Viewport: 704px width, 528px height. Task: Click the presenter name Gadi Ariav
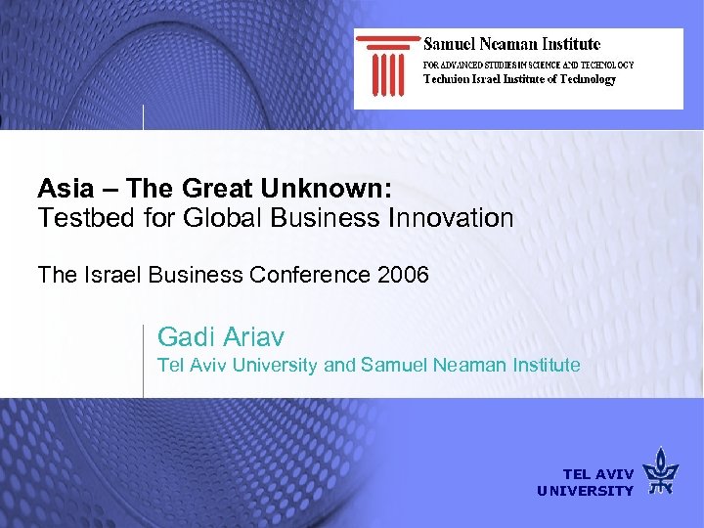221,337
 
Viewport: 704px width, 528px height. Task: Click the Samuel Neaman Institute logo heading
511,44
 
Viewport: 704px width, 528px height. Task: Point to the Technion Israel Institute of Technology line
519,79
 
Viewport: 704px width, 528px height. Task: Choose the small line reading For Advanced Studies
528,65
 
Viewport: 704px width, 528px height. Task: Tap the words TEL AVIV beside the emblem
597,474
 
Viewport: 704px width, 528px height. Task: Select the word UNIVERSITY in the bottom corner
585,491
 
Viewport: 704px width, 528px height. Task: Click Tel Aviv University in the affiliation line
238,366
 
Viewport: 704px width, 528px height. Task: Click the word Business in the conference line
196,275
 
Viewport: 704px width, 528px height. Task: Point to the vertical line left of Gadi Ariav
144,360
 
